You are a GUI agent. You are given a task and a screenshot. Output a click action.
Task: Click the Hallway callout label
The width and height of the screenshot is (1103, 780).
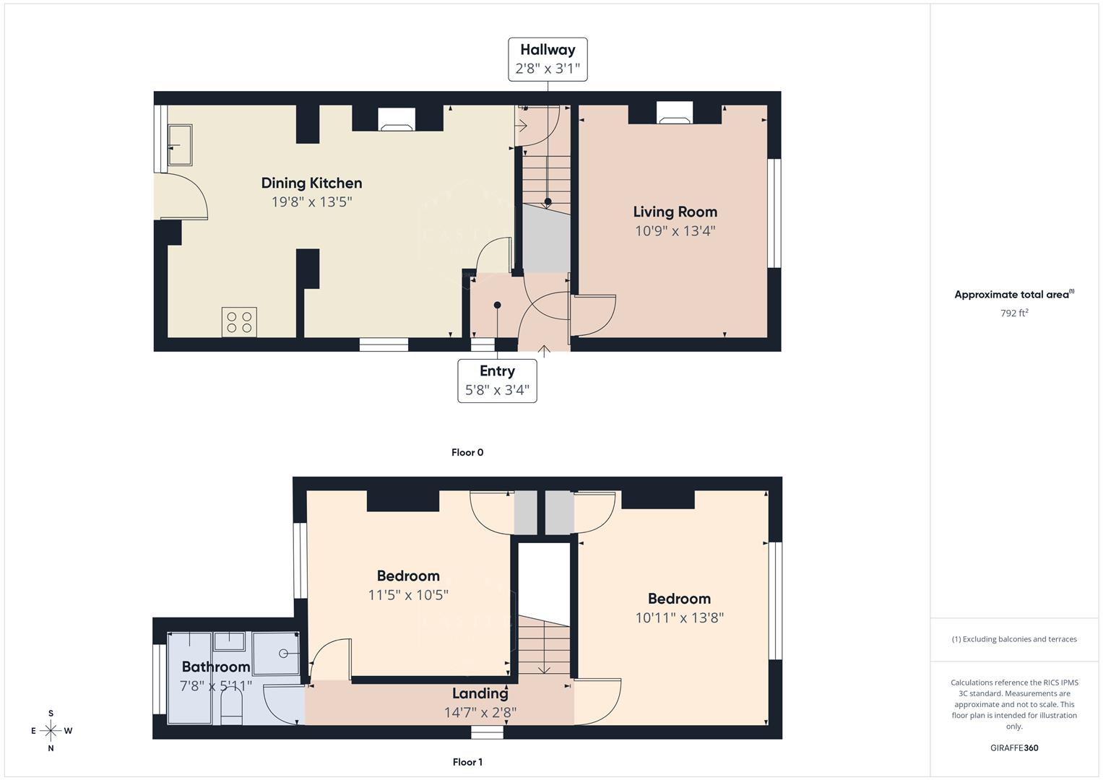point(547,59)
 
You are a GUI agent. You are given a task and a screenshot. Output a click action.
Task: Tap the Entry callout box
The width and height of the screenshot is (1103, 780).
point(497,381)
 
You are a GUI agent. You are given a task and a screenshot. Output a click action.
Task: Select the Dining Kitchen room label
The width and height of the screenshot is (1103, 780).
point(311,183)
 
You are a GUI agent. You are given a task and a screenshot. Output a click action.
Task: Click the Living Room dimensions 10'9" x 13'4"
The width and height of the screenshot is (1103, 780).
point(675,231)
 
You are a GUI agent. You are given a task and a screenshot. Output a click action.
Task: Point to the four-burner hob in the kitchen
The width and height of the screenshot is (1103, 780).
point(239,322)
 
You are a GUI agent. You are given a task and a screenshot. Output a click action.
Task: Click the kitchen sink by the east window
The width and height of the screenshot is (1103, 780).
point(180,144)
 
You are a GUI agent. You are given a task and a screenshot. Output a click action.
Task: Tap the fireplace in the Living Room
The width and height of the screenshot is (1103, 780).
point(674,115)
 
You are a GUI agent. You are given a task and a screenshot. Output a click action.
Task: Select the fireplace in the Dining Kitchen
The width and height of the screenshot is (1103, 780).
point(397,119)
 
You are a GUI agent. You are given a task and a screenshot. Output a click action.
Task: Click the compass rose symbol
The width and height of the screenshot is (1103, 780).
point(51,731)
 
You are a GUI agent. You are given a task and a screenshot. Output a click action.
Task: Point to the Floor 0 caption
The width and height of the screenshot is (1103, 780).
point(467,453)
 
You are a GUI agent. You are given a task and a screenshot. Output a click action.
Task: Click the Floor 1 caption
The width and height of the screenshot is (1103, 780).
point(467,762)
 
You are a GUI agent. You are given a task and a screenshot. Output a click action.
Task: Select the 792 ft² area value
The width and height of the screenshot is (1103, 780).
point(1014,313)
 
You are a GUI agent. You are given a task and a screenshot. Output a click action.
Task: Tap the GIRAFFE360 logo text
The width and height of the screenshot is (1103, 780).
point(1014,748)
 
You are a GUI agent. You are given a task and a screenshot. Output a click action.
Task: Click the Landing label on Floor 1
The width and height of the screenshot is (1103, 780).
point(480,693)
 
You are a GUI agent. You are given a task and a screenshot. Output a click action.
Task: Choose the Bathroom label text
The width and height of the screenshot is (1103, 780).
point(215,667)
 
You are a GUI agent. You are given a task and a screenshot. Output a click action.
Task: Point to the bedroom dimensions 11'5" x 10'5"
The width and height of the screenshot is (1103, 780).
point(408,595)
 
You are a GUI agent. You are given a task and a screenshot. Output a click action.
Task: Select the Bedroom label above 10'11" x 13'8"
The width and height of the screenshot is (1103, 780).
point(679,599)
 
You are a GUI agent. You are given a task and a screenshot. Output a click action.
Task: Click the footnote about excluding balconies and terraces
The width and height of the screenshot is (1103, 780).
point(1014,639)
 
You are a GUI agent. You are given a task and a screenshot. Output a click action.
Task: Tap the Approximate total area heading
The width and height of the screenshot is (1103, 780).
point(1013,295)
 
